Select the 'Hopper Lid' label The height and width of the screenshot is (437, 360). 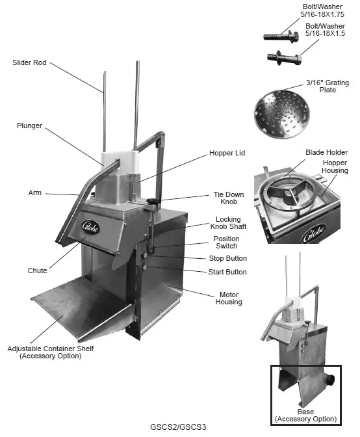[227, 153]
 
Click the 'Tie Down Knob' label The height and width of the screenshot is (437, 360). [229, 198]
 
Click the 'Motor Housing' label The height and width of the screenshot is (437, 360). [228, 298]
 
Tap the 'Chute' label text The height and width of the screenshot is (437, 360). [37, 271]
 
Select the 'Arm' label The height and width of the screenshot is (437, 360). [35, 192]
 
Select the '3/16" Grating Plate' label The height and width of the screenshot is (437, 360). [328, 86]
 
